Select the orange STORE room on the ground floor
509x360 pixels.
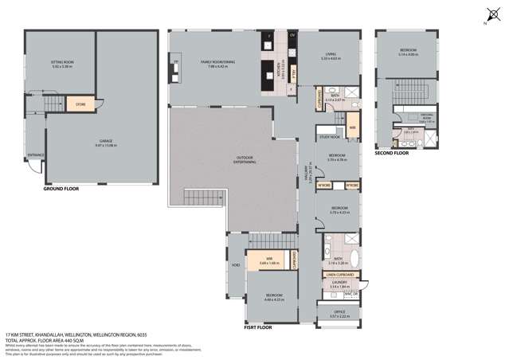tap(80, 104)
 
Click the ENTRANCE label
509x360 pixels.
tap(36, 155)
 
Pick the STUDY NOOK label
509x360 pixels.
tap(330, 138)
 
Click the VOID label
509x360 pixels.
tap(235, 264)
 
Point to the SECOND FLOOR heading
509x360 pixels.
tap(391, 152)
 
